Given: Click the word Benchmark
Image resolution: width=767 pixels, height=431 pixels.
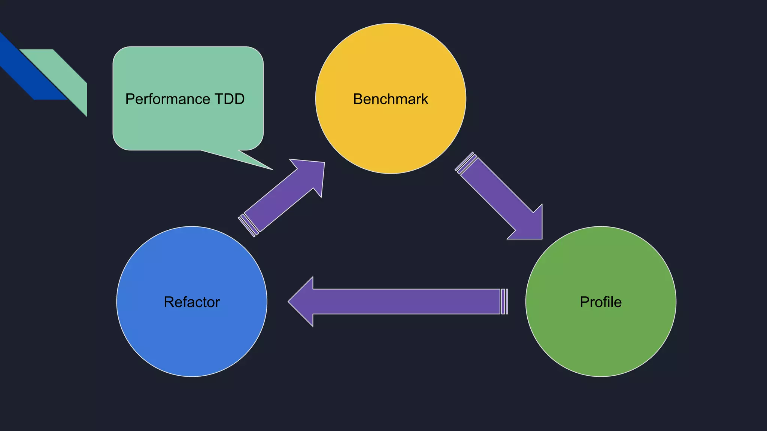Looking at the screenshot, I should (390, 99).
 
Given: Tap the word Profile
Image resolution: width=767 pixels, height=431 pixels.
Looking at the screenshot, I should (601, 302).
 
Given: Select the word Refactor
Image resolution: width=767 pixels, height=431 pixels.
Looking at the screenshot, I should (192, 302).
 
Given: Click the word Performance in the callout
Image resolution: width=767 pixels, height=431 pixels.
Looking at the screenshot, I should (167, 99).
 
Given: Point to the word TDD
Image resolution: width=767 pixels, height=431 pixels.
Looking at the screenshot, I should (230, 99).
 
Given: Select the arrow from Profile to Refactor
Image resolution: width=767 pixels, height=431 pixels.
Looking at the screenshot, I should (404, 302).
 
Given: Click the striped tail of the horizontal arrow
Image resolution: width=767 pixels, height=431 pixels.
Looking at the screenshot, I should (504, 302).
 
